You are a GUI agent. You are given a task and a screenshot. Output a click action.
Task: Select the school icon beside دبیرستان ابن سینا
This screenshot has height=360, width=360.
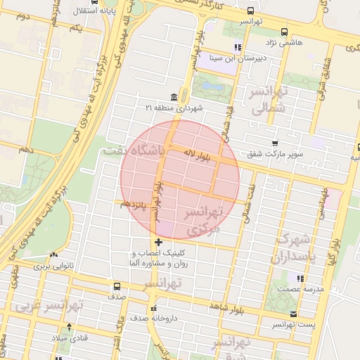(238, 47)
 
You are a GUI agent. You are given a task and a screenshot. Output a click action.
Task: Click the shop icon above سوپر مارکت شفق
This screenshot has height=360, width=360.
(283, 143)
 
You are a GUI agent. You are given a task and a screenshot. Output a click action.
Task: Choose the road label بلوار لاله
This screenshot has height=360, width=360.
(190, 152)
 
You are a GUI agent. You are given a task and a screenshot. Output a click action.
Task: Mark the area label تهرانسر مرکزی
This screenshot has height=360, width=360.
(202, 220)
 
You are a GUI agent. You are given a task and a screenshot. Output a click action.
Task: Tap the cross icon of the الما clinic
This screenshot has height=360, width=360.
(158, 242)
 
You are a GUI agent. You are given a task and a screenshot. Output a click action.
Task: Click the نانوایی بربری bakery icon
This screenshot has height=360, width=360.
(53, 255)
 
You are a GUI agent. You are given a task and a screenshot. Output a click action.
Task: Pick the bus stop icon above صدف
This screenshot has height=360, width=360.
(116, 286)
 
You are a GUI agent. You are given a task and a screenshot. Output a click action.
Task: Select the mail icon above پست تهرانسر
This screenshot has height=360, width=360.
(293, 314)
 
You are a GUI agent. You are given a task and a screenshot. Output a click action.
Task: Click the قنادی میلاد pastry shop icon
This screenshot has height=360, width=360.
(68, 326)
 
